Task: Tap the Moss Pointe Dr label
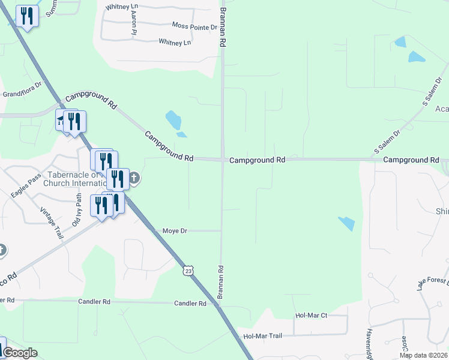pos(194,27)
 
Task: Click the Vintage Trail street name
pos(51,223)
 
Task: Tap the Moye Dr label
pos(175,230)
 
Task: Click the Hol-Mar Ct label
pos(311,315)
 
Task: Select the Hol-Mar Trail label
pos(262,336)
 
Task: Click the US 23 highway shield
pos(188,271)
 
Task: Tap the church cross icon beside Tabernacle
pos(134,178)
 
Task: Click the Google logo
pos(20,353)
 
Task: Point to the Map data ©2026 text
pos(423,355)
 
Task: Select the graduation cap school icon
pos(61,122)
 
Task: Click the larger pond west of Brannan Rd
pos(173,120)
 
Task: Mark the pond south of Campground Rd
pos(346,223)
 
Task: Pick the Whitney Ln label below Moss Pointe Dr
pos(175,42)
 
